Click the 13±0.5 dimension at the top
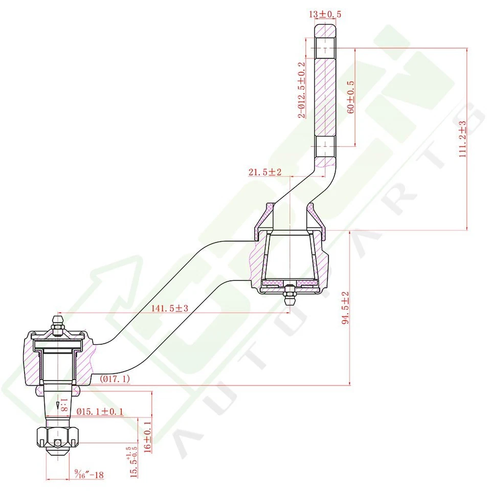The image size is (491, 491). [325, 14]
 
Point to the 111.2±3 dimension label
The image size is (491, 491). [462, 139]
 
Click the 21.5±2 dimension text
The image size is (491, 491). [265, 172]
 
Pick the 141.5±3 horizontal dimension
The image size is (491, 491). [170, 308]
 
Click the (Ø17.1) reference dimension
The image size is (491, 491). [115, 378]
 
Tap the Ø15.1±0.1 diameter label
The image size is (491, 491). [100, 411]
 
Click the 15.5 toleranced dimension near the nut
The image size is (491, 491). [134, 463]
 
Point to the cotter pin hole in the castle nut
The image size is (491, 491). [58, 442]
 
